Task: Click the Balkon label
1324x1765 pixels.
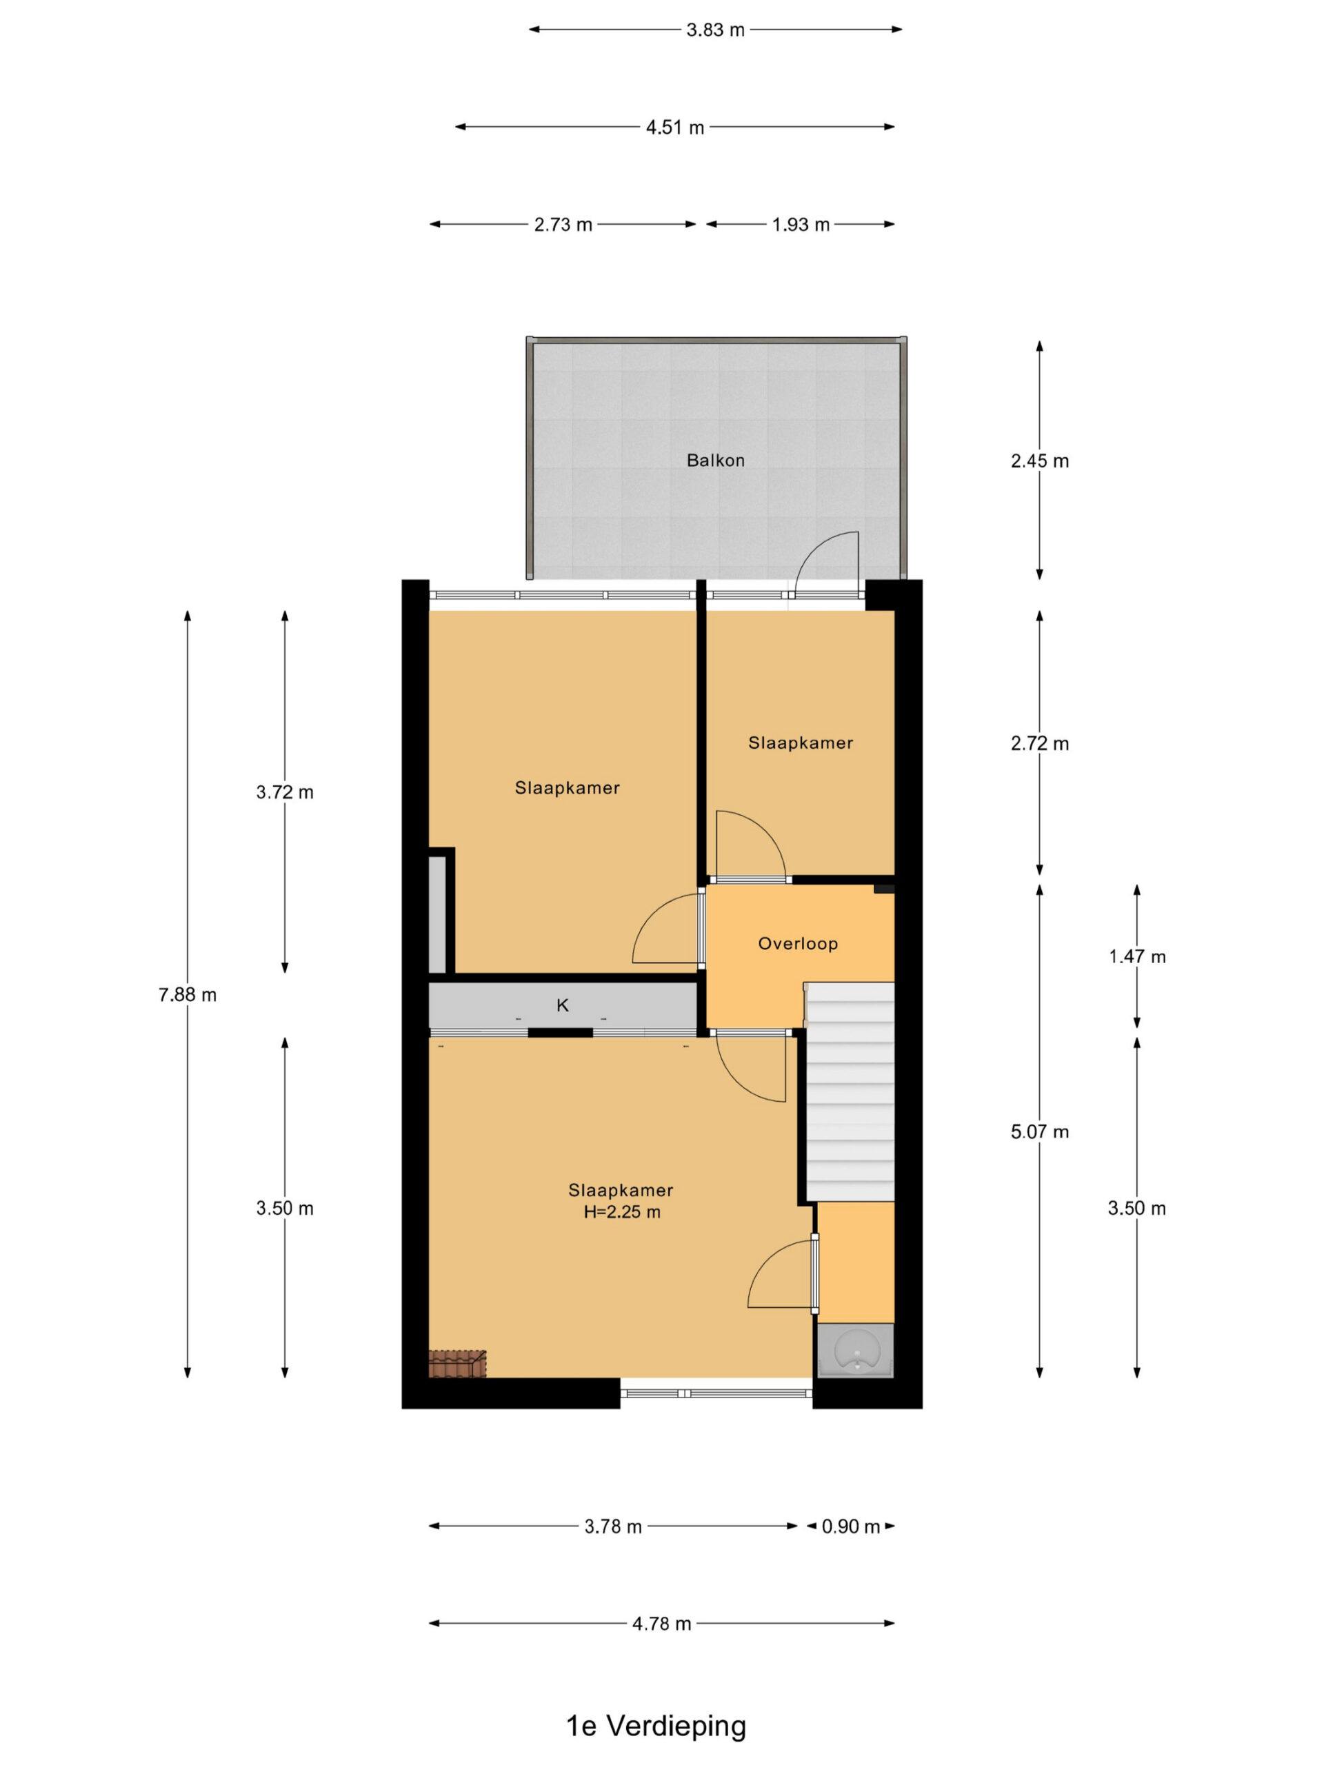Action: (715, 461)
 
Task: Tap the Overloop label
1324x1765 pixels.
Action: (797, 944)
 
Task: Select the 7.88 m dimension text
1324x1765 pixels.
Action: (188, 994)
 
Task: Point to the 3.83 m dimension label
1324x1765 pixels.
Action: (715, 30)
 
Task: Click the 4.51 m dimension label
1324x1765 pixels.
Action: (674, 128)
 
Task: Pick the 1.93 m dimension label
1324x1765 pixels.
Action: (801, 225)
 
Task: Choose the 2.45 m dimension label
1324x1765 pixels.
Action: (1039, 461)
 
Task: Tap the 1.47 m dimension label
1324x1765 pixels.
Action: (1137, 957)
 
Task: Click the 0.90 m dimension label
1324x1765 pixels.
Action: (851, 1526)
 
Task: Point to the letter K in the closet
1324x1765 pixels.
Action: (563, 1005)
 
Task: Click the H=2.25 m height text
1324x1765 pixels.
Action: (622, 1212)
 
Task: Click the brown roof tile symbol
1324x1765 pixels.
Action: (457, 1364)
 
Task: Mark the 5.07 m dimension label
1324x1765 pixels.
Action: (1039, 1132)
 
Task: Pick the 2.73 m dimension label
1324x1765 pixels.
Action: (563, 225)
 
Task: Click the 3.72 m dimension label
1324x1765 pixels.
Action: (285, 792)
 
